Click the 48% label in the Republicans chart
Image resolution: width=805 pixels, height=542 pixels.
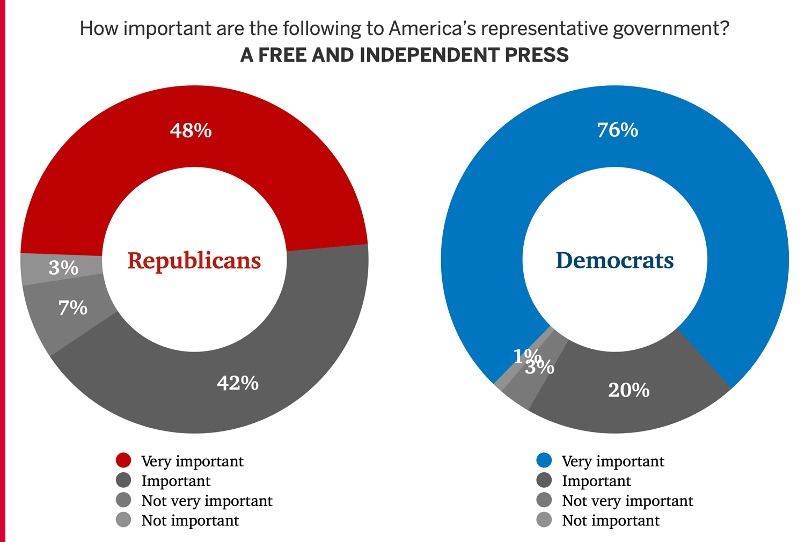(x=191, y=130)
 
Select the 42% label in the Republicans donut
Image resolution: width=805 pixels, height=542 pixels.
(x=238, y=383)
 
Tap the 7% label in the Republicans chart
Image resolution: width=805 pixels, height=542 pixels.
(x=73, y=308)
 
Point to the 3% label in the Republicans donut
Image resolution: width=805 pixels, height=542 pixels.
(x=63, y=268)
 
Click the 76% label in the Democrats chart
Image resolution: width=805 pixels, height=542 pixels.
(x=618, y=130)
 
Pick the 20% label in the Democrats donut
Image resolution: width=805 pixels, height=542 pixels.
(x=628, y=390)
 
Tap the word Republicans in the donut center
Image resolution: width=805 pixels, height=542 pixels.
(x=194, y=261)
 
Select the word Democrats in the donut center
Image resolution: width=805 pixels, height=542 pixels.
(x=614, y=261)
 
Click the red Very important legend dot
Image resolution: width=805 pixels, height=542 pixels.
(x=123, y=460)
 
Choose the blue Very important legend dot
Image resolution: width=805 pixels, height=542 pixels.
(x=544, y=460)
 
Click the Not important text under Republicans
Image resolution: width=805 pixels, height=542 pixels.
(x=190, y=521)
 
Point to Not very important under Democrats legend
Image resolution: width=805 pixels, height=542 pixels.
(x=627, y=501)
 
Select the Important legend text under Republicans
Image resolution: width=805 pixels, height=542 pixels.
(x=176, y=481)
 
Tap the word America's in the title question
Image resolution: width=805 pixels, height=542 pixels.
(x=432, y=28)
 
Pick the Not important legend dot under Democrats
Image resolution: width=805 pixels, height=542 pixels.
(x=544, y=520)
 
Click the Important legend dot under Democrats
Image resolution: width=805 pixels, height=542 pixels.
(x=544, y=480)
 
